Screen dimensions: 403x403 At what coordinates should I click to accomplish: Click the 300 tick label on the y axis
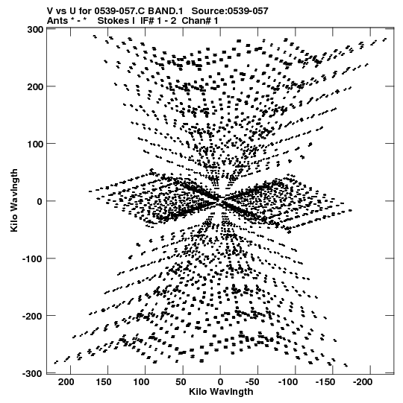click(35, 30)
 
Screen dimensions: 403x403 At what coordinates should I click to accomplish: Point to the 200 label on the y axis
click(35, 86)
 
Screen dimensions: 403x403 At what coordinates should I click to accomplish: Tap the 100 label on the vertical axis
click(35, 144)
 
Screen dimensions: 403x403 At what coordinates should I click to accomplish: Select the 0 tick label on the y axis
click(40, 201)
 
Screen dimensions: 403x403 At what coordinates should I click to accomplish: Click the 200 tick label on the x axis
click(66, 382)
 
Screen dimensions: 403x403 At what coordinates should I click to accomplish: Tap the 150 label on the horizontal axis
click(104, 382)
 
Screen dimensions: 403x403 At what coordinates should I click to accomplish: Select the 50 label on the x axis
click(181, 382)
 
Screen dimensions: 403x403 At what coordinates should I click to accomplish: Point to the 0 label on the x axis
click(220, 382)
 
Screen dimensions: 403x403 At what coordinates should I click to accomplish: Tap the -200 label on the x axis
click(363, 382)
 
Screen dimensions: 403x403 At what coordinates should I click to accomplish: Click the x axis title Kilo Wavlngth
click(221, 392)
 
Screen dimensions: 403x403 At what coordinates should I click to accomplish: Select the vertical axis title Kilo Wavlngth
click(14, 200)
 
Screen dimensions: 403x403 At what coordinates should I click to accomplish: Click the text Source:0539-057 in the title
click(230, 11)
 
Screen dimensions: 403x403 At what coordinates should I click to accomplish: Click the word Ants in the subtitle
click(57, 21)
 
